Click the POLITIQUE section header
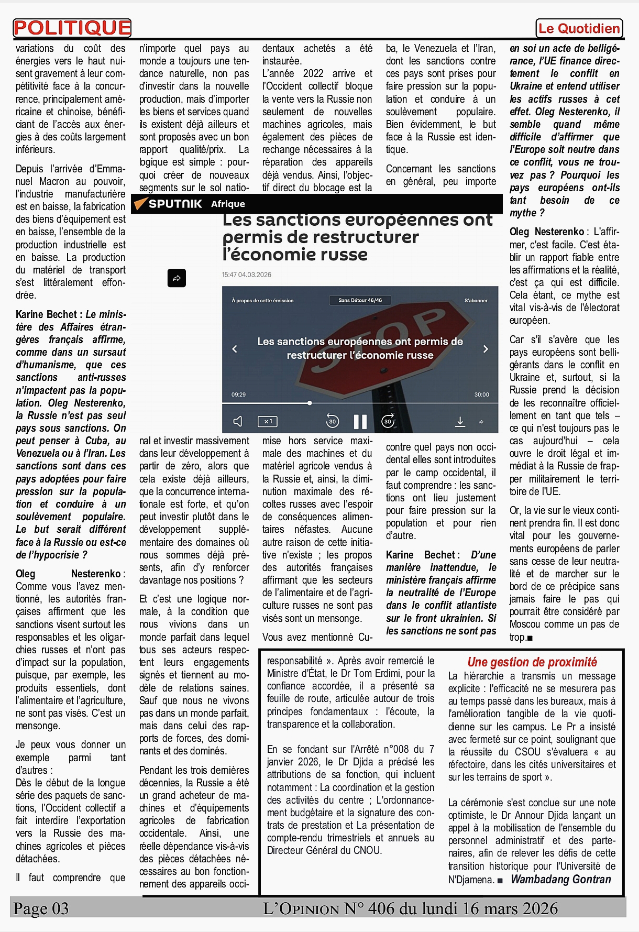(72, 28)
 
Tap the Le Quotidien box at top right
(579, 28)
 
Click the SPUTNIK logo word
(175, 204)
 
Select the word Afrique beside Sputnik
(228, 204)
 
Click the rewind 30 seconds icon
(332, 421)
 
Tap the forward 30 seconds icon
(388, 421)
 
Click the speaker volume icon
(238, 421)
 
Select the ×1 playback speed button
(267, 421)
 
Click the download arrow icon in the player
(460, 421)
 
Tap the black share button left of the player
(177, 278)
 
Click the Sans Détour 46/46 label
(360, 300)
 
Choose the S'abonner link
(476, 301)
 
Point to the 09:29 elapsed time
(238, 394)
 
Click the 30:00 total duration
(481, 394)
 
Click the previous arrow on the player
(235, 349)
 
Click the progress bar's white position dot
(310, 403)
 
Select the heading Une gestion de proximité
(532, 662)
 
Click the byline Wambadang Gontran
(560, 880)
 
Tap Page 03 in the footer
(41, 908)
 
